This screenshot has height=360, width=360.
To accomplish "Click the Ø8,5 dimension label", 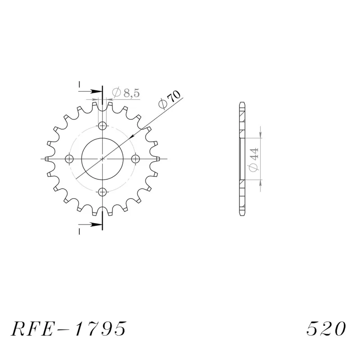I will pyautogui.click(x=126, y=93).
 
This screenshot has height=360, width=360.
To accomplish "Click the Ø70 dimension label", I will pyautogui.click(x=171, y=100).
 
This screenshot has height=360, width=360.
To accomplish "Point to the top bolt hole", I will pyautogui.click(x=103, y=126).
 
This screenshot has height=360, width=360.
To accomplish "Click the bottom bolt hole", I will pyautogui.click(x=103, y=192).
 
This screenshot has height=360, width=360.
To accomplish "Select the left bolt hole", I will pyautogui.click(x=69, y=159).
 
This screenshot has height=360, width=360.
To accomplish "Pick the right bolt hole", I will pyautogui.click(x=136, y=159).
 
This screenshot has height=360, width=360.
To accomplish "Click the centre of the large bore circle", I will pyautogui.click(x=103, y=159).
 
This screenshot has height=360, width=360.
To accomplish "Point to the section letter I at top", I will pyautogui.click(x=79, y=84).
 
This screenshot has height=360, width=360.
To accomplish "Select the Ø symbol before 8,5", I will pyautogui.click(x=116, y=93).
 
